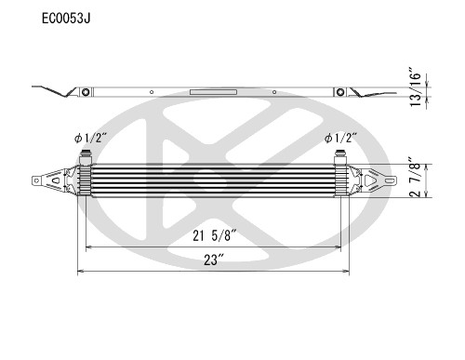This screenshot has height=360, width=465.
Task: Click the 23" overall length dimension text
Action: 214,260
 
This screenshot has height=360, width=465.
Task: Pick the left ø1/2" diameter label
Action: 90,139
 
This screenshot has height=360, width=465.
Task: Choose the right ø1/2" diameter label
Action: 339,139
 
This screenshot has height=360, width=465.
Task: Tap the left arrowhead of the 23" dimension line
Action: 81,272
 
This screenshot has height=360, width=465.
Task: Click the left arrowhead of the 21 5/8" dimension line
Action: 89,247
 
